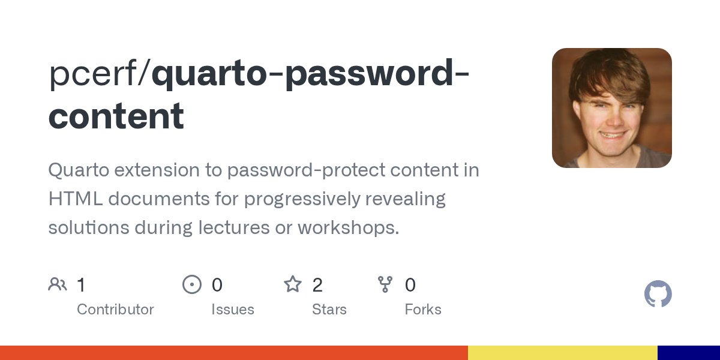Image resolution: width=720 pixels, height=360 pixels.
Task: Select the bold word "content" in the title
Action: [116, 117]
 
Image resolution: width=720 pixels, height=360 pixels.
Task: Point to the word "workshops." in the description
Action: [349, 228]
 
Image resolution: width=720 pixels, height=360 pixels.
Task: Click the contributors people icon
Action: [58, 284]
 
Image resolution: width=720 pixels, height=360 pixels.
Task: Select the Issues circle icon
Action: [192, 284]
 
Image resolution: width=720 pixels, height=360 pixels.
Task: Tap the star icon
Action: [293, 284]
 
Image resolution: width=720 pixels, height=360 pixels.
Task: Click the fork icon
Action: [385, 284]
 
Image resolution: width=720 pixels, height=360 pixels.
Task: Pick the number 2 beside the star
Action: [317, 285]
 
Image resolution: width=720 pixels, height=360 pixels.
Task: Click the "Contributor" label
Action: [115, 310]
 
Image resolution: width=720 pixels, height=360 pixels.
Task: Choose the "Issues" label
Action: [233, 310]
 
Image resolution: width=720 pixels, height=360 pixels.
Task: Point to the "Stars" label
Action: [329, 310]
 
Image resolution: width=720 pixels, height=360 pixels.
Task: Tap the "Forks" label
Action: [423, 310]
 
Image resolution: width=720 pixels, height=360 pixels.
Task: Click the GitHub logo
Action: [658, 294]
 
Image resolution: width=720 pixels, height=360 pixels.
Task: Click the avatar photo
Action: [612, 108]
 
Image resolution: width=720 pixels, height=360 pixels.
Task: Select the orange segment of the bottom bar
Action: [234, 353]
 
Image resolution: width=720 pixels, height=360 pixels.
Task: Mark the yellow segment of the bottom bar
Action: [563, 353]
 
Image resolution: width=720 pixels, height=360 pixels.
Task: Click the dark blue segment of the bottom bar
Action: [689, 353]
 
